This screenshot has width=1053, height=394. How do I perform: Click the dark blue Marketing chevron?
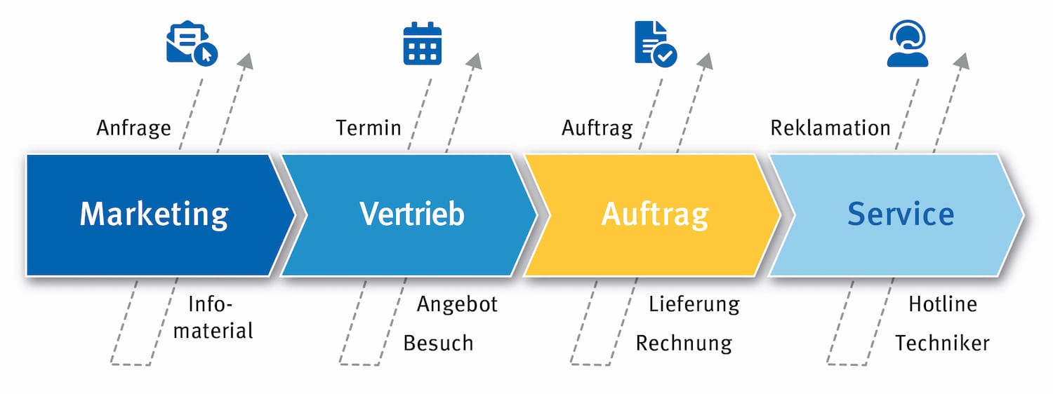tap(154, 214)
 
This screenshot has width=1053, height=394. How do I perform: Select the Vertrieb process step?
tap(411, 214)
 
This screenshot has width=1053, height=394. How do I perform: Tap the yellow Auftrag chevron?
tap(654, 214)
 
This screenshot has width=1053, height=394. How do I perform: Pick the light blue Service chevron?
tap(900, 214)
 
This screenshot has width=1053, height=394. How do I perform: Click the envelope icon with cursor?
tap(191, 45)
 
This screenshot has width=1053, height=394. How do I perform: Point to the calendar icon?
tap(422, 44)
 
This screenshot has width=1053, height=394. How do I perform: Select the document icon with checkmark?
tap(654, 43)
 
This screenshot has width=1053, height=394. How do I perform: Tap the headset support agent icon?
tap(907, 43)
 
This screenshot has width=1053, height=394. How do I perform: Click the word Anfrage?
tap(133, 128)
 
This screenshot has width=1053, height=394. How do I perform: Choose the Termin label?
tap(369, 128)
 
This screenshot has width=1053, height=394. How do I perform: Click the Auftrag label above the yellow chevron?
tap(597, 128)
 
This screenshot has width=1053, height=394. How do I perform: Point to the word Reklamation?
tap(830, 128)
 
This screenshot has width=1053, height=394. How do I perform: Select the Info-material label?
tap(213, 317)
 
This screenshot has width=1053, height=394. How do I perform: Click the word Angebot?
tap(457, 304)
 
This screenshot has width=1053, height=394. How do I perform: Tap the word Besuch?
tap(438, 344)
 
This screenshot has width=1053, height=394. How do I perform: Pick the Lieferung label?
tap(694, 304)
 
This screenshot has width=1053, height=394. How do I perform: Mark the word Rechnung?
tap(684, 344)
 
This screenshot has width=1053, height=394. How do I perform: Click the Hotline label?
tap(942, 304)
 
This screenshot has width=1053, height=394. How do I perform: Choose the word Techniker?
tap(942, 344)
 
